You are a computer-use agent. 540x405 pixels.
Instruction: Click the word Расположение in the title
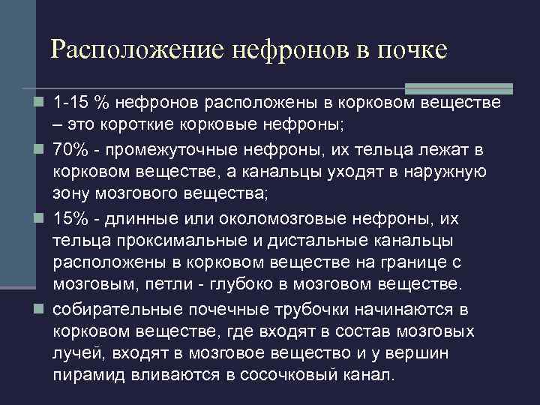click(x=137, y=49)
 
